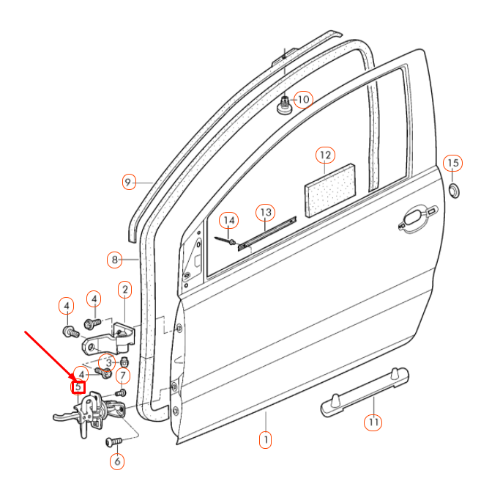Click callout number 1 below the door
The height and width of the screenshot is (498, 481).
[264, 440]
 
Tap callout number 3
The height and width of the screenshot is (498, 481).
[108, 362]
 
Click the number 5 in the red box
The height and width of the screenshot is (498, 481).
[78, 387]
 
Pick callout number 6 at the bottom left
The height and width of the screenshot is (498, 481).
[116, 461]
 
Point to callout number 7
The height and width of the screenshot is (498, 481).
[123, 377]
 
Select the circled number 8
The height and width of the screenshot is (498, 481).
[113, 259]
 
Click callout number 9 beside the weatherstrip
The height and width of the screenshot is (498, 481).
[129, 181]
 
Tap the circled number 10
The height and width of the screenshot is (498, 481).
[303, 99]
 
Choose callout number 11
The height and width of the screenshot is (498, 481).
[374, 422]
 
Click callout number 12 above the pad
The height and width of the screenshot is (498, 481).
[325, 155]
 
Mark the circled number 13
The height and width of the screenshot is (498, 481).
[265, 213]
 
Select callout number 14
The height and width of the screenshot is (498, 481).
[229, 220]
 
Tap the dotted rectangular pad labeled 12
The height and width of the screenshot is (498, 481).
[329, 190]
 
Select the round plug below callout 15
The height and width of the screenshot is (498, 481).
[454, 191]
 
